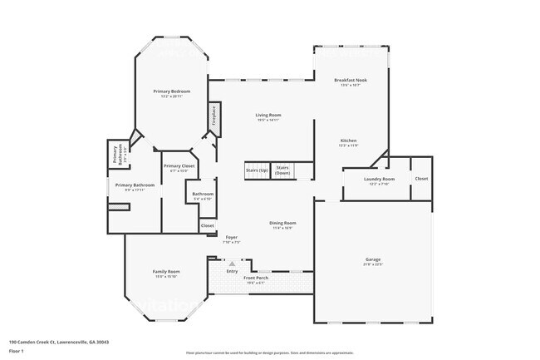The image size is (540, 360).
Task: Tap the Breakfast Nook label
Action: tap(350, 81)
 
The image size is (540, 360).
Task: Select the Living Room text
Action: tap(268, 115)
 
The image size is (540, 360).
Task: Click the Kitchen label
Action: tap(348, 141)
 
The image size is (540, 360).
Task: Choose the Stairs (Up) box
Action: tap(257, 170)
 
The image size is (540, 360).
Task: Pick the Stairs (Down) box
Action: tap(282, 170)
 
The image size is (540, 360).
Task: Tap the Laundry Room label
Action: tap(379, 179)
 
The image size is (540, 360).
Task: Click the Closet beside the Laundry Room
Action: tap(421, 179)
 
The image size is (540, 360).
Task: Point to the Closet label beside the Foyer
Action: tap(207, 225)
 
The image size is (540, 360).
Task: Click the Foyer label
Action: tap(232, 237)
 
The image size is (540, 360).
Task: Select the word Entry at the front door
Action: tap(232, 270)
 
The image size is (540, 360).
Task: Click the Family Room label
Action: tap(167, 272)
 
